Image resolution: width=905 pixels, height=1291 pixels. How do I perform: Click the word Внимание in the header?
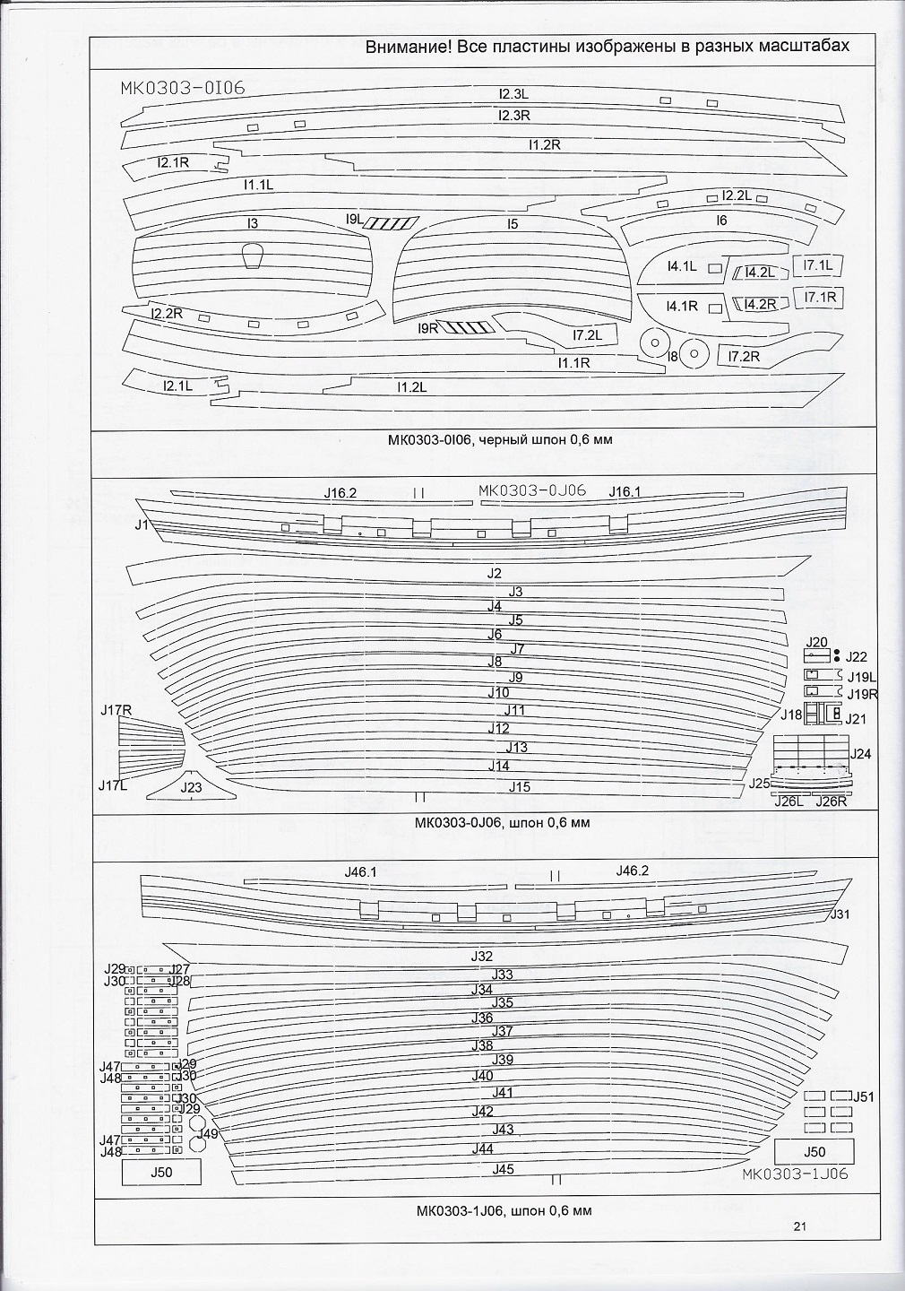pos(404,47)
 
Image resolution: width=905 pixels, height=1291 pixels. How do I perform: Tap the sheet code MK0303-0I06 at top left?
pos(183,88)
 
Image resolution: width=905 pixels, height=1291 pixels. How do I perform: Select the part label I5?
pos(512,224)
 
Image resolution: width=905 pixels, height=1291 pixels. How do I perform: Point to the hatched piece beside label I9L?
pos(393,222)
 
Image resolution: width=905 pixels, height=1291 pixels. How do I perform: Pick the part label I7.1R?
pos(820,297)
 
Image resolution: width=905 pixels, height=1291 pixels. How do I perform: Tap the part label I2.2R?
pos(167,314)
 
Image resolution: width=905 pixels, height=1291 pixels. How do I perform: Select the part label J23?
pos(191,788)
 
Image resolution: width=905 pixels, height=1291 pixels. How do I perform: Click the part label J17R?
pos(116,711)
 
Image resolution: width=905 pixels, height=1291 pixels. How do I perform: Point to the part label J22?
pos(856,657)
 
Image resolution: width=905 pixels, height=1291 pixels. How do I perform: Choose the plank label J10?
pos(498,693)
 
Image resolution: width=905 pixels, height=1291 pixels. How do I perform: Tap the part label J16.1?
pos(625,491)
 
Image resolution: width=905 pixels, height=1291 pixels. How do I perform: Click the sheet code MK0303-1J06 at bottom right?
pos(795,1174)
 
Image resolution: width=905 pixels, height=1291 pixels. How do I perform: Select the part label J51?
pos(864,1096)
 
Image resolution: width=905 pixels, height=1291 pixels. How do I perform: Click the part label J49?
pos(208,1134)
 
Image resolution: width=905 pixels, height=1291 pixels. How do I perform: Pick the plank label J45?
pos(503,1169)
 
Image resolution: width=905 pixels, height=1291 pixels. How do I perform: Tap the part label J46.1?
pos(360,871)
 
